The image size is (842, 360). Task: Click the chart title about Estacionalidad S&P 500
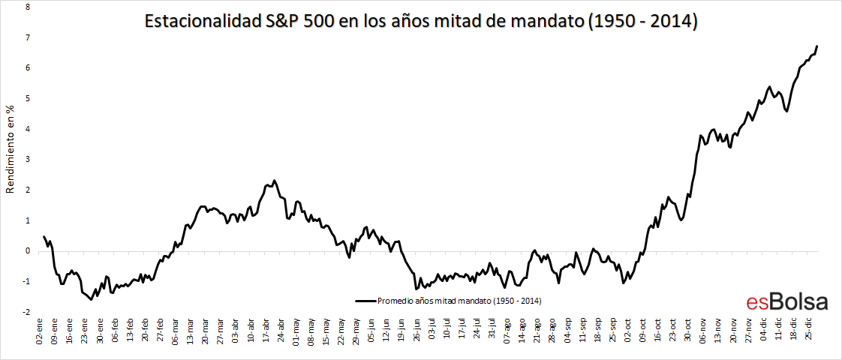(x=421, y=22)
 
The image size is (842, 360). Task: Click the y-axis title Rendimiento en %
(x=11, y=151)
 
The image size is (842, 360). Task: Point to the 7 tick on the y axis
(x=27, y=37)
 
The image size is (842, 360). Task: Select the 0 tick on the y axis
(x=27, y=250)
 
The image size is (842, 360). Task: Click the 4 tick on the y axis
(x=27, y=128)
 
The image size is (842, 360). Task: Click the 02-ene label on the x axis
(x=39, y=330)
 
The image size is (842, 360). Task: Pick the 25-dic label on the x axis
(x=808, y=330)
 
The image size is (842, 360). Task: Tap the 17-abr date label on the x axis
(x=266, y=330)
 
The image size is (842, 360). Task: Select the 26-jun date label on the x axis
(x=416, y=330)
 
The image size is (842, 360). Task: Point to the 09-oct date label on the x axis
(x=642, y=330)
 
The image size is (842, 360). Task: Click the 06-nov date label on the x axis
(x=702, y=330)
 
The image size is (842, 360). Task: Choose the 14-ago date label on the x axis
(x=522, y=330)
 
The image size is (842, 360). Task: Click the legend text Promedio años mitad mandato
(x=459, y=301)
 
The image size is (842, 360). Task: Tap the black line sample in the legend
(x=364, y=301)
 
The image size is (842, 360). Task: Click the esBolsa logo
(x=786, y=301)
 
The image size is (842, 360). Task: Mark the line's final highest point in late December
(x=816, y=46)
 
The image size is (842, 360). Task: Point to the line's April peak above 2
(x=274, y=181)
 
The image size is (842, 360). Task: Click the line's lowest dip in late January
(x=91, y=299)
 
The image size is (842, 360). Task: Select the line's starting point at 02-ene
(x=44, y=236)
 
